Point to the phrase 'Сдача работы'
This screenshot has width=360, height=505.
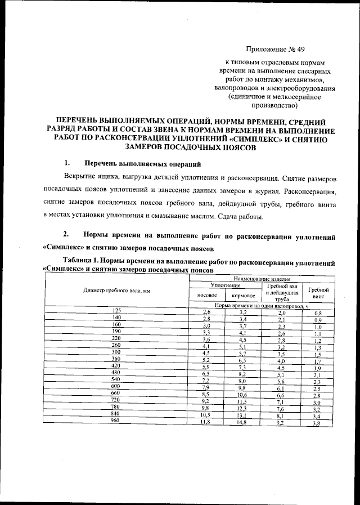[240, 217]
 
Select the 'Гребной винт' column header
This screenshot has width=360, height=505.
[318, 291]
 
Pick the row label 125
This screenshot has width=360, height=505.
[116, 311]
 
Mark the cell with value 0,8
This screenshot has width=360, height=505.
[318, 313]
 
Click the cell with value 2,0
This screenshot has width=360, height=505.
[282, 312]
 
